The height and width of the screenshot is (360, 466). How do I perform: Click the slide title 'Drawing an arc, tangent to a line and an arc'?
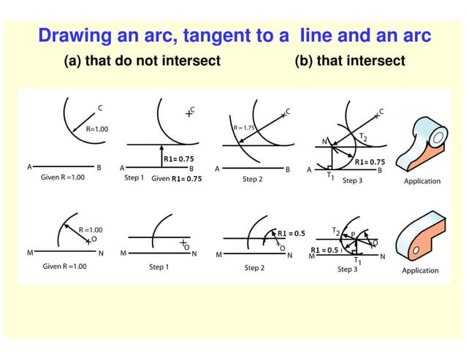(x=234, y=35)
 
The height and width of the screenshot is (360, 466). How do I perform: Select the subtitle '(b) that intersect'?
(x=349, y=61)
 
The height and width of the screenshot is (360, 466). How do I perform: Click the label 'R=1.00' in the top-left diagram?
(x=96, y=129)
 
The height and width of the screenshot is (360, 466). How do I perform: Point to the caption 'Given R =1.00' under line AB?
(x=62, y=177)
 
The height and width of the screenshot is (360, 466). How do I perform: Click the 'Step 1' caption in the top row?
(x=134, y=177)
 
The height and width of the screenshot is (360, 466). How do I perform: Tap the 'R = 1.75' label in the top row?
(x=244, y=128)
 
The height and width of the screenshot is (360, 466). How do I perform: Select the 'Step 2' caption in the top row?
(x=253, y=178)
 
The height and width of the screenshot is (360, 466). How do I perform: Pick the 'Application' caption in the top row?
(x=422, y=180)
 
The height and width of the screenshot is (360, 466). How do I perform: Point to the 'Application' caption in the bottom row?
(x=420, y=270)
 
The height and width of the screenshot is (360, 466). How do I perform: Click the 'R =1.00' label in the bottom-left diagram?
(x=91, y=229)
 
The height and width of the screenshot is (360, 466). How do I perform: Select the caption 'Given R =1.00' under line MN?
(x=64, y=267)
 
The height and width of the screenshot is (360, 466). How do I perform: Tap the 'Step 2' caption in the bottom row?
(x=254, y=268)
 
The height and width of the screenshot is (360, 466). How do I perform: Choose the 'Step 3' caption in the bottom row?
(x=347, y=269)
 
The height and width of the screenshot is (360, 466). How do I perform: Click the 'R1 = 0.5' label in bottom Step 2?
(x=291, y=233)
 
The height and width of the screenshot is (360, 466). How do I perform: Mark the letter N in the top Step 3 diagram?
(x=324, y=142)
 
